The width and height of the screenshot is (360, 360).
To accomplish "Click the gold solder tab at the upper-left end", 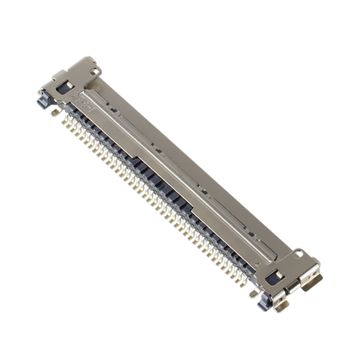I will click(x=55, y=112).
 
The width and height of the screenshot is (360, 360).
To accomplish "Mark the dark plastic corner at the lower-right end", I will click(x=263, y=303).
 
